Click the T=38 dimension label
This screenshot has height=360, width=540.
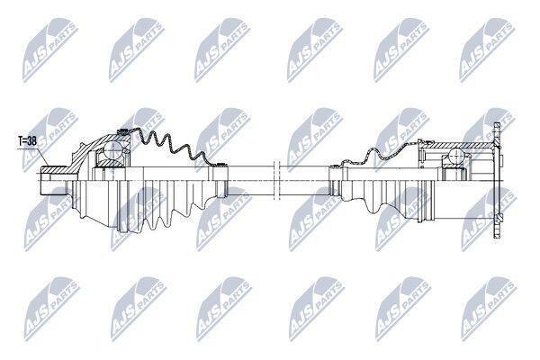click(x=28, y=140)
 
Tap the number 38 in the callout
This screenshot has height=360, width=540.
click(x=33, y=140)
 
